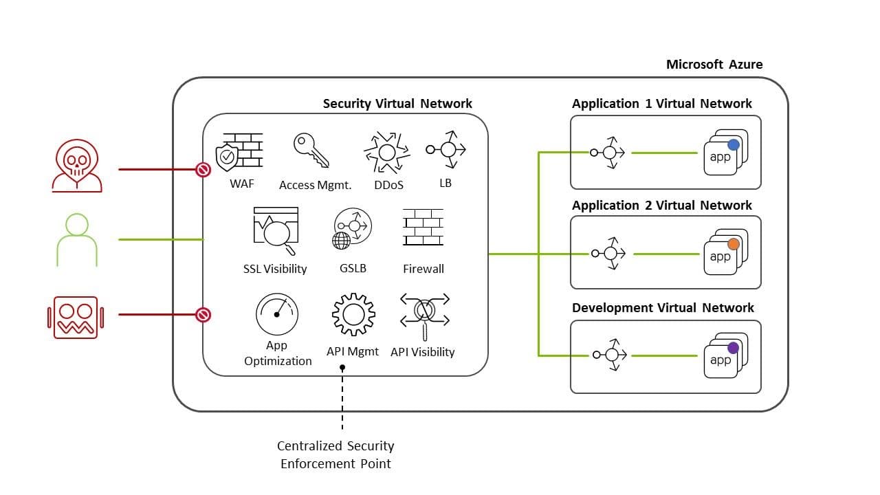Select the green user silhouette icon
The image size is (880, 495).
coord(77,240)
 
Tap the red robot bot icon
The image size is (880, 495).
coord(76,317)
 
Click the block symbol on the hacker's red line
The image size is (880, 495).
coord(203,169)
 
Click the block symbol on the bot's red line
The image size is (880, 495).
coord(203,315)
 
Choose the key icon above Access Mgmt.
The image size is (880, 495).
coord(311,151)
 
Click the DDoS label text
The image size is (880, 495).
coord(388,185)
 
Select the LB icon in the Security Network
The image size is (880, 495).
coord(446,149)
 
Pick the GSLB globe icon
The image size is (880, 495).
coord(352,230)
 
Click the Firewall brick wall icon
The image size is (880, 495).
coord(423,228)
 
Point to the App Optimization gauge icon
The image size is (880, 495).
coord(277,314)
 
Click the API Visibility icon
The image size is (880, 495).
coord(424,314)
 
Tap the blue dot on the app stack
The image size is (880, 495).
coord(734,144)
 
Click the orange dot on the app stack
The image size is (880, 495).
coord(734,244)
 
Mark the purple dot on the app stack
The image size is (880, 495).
coord(734,348)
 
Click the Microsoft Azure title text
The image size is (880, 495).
coord(714,64)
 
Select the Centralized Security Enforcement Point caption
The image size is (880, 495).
coord(335,455)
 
